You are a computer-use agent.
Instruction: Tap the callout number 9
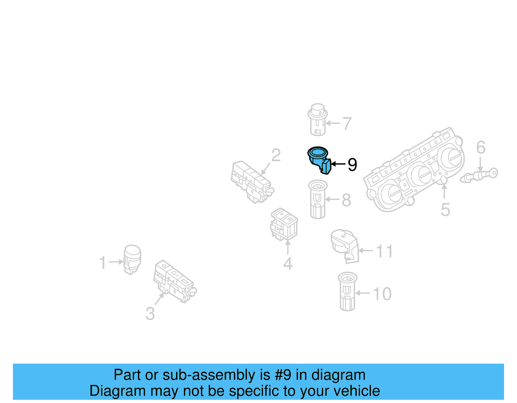352,165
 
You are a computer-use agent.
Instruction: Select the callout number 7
347,124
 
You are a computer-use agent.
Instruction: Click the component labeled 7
318,119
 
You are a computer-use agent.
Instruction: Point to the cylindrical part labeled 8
318,199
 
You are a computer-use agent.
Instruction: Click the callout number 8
346,200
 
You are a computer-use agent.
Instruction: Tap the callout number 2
276,156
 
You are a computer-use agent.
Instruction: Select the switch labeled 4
284,224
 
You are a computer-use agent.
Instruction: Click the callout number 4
288,264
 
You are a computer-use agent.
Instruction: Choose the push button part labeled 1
132,259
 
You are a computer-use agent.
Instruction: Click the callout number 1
102,263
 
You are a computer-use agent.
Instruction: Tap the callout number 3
150,314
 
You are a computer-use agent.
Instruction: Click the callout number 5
445,210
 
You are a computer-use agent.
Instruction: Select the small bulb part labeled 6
480,175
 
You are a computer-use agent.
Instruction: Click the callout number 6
481,147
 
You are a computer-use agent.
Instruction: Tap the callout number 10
382,294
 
